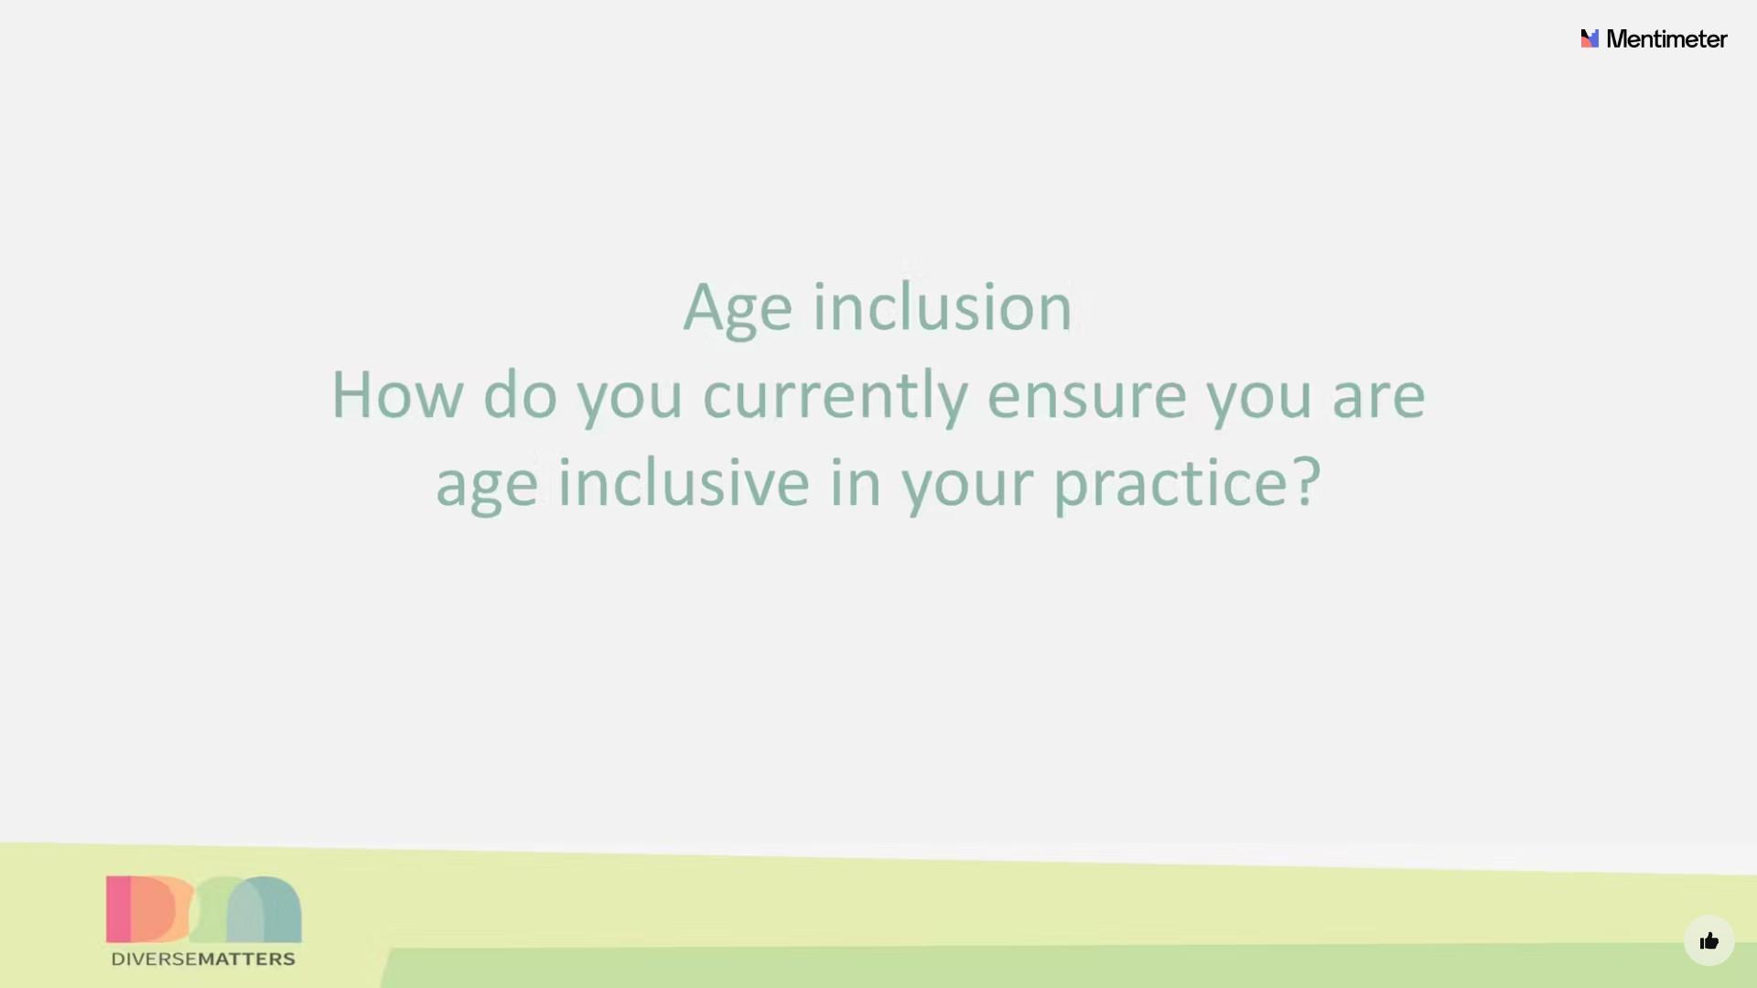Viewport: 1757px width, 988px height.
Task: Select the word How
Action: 397,395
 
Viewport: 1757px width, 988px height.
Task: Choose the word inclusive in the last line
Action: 684,483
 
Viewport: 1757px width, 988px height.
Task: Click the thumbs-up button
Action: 1708,940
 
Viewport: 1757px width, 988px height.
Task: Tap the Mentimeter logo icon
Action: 1590,38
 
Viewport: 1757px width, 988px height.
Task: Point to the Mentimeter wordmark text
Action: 1666,38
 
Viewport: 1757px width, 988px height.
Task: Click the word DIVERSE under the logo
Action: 155,959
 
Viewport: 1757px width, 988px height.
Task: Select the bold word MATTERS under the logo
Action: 247,959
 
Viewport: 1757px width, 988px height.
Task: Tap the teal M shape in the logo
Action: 264,907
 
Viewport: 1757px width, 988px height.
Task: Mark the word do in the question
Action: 520,395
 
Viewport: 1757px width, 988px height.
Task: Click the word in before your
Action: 855,483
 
